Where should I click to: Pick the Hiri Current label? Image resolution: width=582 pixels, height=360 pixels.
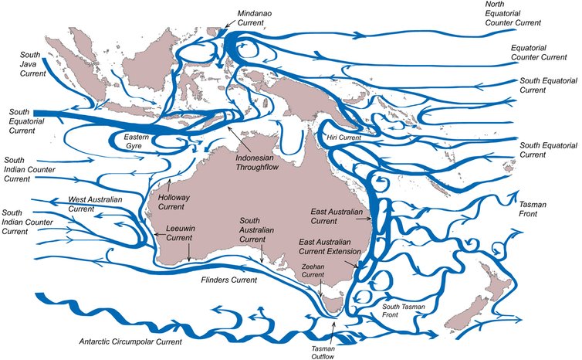click(x=344, y=138)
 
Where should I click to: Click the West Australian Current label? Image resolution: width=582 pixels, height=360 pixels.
click(x=95, y=205)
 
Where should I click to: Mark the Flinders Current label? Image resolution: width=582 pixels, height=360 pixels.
click(x=228, y=278)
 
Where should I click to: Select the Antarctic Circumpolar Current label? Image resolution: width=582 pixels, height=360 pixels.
click(x=130, y=341)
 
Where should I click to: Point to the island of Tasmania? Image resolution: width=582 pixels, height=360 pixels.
click(x=333, y=301)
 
